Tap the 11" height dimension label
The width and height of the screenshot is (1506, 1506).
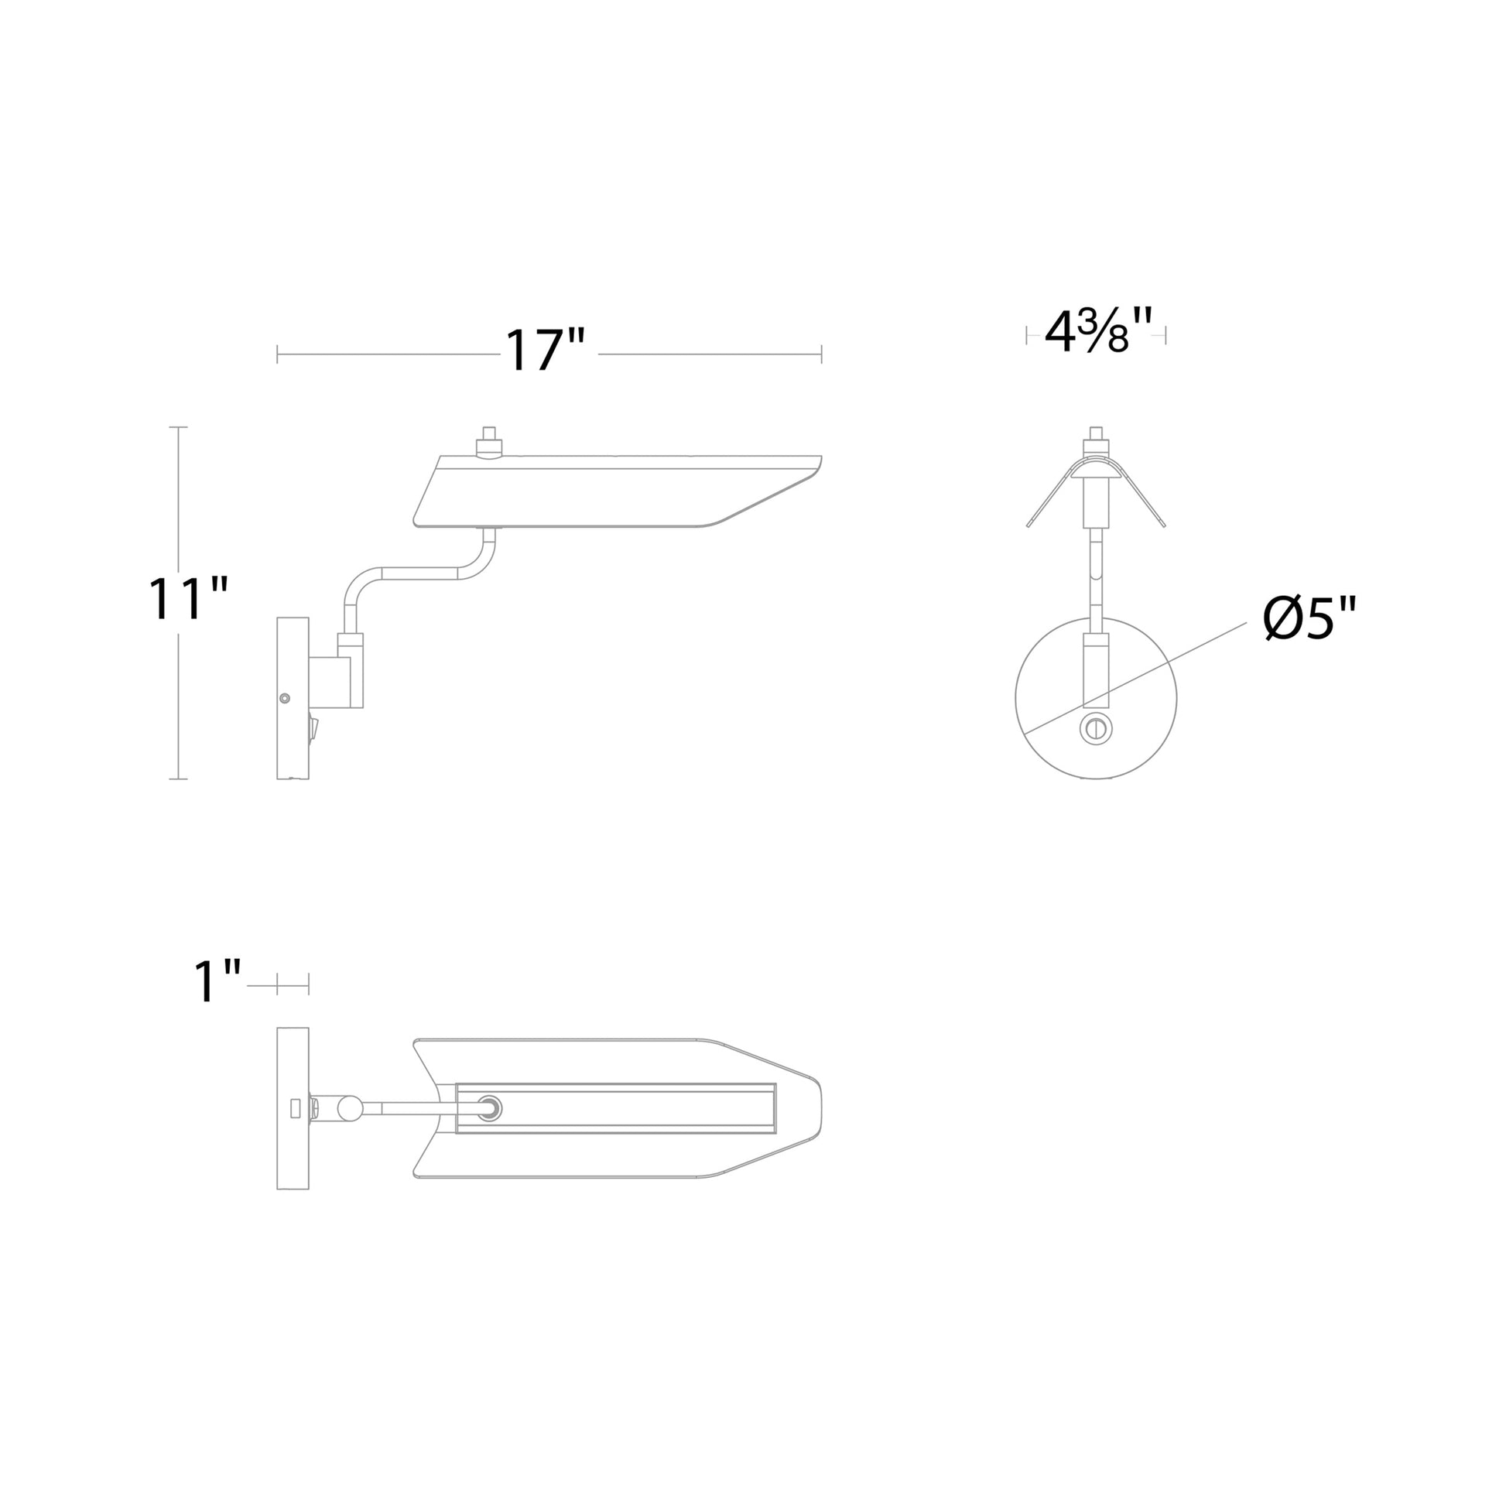tap(188, 600)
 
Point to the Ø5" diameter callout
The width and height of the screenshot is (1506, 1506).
tap(1309, 618)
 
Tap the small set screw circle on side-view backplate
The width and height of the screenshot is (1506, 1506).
tap(285, 698)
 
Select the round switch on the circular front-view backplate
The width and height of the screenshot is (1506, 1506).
tap(1095, 729)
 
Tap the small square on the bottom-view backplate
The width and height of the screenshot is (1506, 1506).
tap(295, 1107)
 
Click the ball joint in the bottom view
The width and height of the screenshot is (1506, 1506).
tap(348, 1107)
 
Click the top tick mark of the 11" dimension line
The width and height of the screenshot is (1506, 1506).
tap(179, 427)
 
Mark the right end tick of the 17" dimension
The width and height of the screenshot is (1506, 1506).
tap(821, 354)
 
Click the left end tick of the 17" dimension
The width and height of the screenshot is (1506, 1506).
tap(278, 354)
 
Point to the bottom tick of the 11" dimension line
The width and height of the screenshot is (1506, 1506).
tap(179, 778)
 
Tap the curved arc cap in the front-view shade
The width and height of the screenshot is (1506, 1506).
tap(1095, 466)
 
